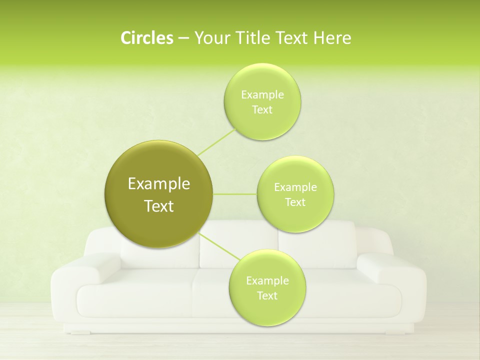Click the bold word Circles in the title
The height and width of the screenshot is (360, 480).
tap(146, 38)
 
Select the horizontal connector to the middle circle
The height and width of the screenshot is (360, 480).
tap(234, 194)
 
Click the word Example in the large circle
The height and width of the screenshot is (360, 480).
tap(159, 184)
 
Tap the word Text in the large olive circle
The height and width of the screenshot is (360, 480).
tap(159, 206)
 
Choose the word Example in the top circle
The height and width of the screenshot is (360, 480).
tap(262, 95)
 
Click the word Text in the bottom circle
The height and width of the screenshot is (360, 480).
tap(267, 296)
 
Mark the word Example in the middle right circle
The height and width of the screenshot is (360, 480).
tap(295, 187)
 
